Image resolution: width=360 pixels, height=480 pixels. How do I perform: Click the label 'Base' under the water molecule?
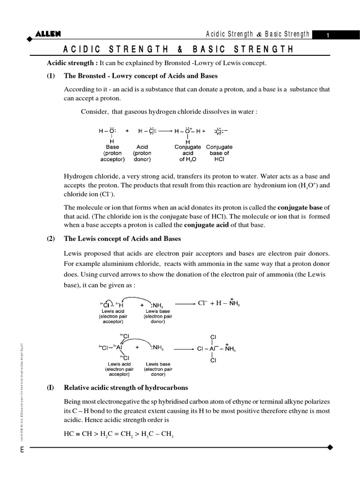(x=112, y=147)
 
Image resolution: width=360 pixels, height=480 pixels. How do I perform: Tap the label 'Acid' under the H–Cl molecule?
(x=142, y=147)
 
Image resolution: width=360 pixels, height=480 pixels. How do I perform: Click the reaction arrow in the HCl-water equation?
(x=165, y=132)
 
